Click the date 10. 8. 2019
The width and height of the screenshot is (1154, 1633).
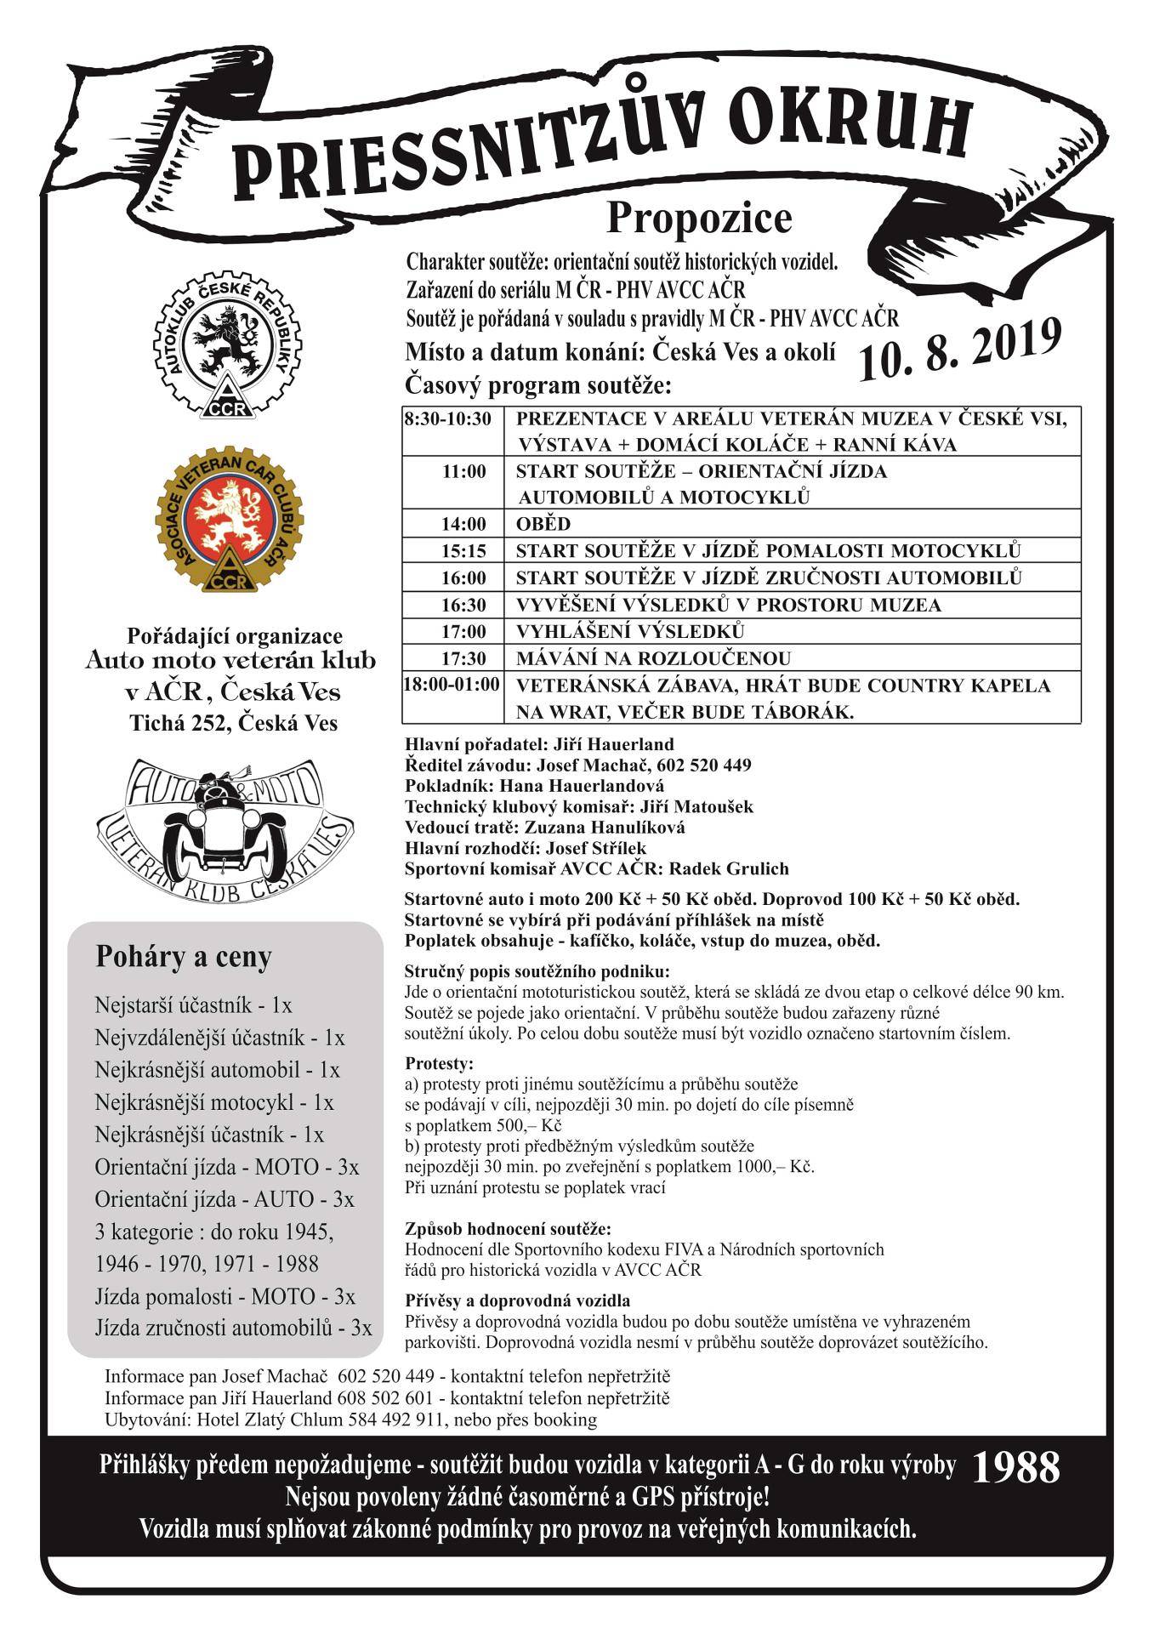pos(960,350)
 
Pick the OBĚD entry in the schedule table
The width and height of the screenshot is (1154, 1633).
pos(543,524)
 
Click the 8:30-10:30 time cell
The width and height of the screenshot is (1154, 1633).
pos(448,419)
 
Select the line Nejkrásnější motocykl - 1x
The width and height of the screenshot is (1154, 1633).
pos(214,1102)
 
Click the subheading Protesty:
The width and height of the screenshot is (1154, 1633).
pos(439,1063)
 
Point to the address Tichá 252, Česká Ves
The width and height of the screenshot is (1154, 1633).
pos(233,723)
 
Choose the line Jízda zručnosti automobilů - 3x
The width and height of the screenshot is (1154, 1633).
pos(234,1328)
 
